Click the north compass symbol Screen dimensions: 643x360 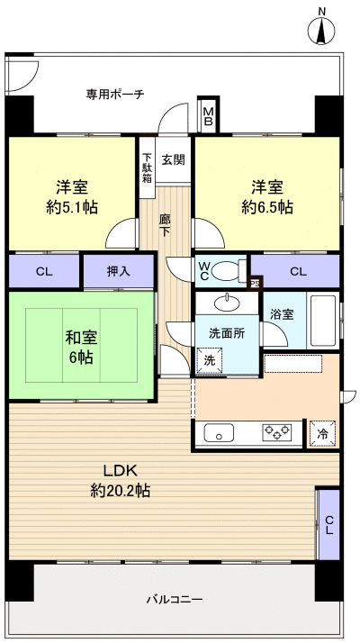[322, 30]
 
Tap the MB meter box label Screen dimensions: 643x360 [208, 112]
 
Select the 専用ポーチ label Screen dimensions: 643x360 [115, 94]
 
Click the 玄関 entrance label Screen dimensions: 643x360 [173, 160]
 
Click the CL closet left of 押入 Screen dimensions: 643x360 [43, 270]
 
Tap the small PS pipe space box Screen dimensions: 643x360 [255, 284]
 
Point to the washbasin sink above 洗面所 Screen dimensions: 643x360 [230, 301]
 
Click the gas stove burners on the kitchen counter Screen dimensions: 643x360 [277, 433]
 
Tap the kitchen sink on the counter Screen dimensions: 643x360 [220, 433]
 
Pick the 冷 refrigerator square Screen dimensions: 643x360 [322, 434]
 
